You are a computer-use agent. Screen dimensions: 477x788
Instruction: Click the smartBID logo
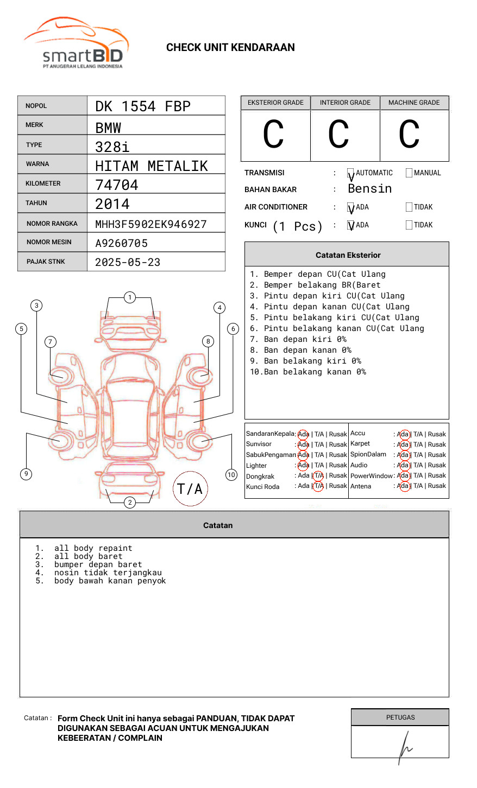(x=77, y=42)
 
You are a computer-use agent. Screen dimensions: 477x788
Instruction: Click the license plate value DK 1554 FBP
(x=143, y=106)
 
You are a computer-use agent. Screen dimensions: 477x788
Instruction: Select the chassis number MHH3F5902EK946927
(x=151, y=224)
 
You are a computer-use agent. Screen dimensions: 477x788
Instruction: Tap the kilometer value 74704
(x=117, y=185)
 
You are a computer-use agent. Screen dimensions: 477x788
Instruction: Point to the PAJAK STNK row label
(x=46, y=262)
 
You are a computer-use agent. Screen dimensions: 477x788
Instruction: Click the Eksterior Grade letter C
(x=273, y=134)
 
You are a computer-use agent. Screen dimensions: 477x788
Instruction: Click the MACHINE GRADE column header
(x=414, y=103)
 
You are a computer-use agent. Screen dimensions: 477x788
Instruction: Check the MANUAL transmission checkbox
(x=409, y=173)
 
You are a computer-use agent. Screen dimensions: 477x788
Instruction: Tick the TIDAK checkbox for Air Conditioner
(x=409, y=207)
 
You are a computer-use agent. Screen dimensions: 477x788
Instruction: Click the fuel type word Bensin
(x=369, y=188)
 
